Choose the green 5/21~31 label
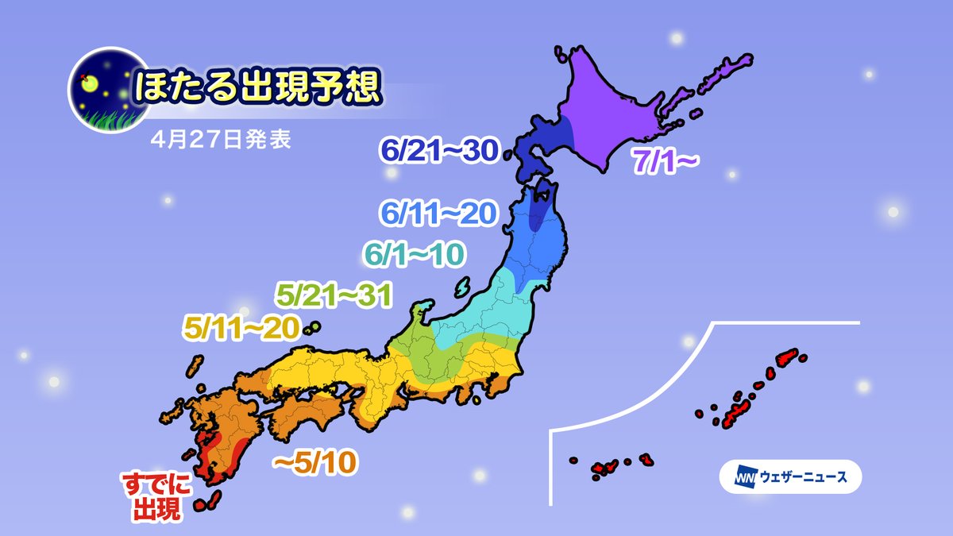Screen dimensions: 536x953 334,295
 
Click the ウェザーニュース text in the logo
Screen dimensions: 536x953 803,477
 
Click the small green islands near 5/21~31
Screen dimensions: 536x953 312,326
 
